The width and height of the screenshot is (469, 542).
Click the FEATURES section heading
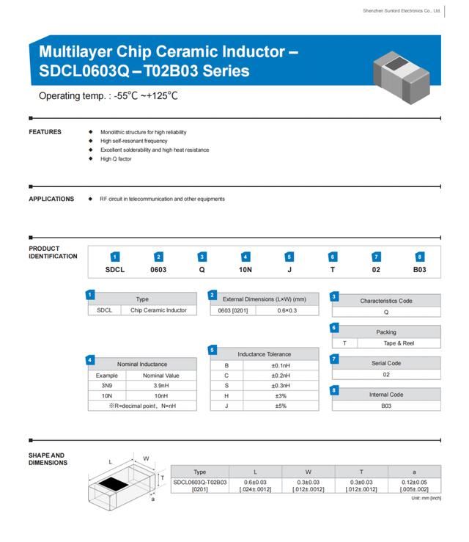[45, 132]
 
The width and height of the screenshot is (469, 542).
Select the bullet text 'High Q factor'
[116, 158]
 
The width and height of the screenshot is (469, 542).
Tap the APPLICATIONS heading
[51, 199]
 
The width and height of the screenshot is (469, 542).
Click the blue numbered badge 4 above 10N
[245, 257]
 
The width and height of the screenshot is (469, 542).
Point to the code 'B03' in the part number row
[419, 270]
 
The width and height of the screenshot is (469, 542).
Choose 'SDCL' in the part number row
[115, 270]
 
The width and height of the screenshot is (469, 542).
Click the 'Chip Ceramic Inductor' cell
[158, 310]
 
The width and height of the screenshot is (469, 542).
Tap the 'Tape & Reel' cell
[399, 343]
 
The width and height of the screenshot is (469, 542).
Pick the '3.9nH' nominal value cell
[161, 385]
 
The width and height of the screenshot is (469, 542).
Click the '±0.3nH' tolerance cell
[281, 385]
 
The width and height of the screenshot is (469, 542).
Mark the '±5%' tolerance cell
[281, 406]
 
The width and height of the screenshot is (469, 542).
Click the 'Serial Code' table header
[386, 363]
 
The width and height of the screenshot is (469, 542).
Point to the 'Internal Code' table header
[386, 395]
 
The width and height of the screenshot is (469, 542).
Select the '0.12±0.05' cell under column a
[414, 482]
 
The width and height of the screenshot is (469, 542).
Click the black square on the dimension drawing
[110, 483]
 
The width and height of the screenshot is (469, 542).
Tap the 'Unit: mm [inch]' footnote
[426, 499]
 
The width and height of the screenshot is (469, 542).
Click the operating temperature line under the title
[108, 96]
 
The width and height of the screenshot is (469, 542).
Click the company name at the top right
[402, 11]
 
